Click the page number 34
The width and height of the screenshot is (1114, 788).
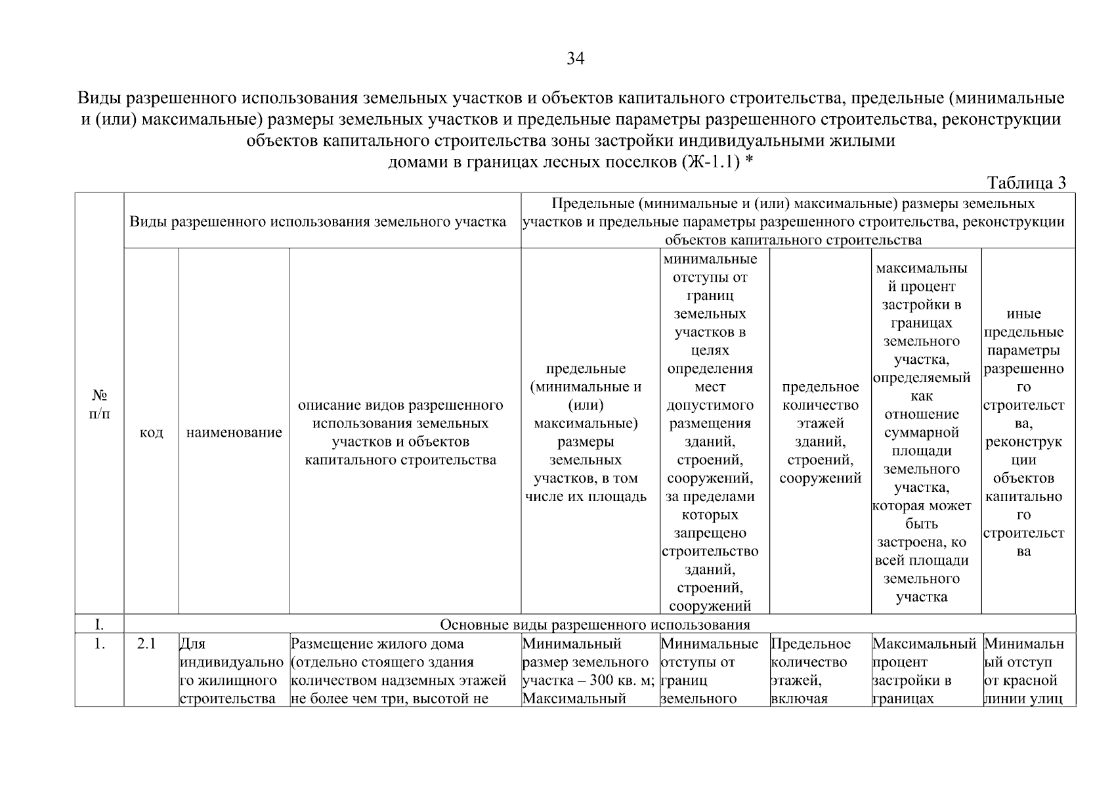pos(575,60)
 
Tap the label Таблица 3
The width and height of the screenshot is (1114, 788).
pos(1027,183)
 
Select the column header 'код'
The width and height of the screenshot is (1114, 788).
pos(151,433)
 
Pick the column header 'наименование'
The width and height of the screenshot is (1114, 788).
pos(234,433)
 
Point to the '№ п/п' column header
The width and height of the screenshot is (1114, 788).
pos(100,405)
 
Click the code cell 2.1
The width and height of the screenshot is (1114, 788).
pos(146,644)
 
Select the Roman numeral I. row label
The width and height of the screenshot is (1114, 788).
pos(100,624)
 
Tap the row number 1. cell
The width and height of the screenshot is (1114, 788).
pos(100,644)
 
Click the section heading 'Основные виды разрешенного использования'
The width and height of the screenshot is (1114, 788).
pos(595,624)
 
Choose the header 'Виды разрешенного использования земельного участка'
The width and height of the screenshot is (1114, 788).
pos(318,222)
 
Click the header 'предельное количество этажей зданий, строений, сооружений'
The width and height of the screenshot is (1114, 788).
pos(820,433)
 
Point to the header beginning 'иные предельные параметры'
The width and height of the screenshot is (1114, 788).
pos(1023,433)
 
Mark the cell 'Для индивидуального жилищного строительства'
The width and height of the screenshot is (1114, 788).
pos(232,671)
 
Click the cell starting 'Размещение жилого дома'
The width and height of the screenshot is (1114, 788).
pos(398,671)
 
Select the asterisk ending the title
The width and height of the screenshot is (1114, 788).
pos(748,160)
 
